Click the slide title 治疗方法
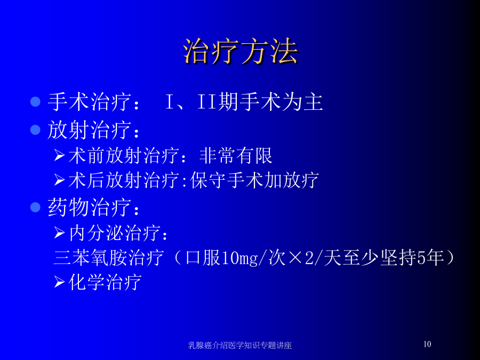[x=241, y=51]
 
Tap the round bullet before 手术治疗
[x=36, y=101]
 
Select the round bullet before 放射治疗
[x=36, y=130]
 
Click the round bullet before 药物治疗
[x=36, y=207]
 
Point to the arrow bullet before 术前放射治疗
[x=59, y=155]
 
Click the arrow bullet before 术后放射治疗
[x=59, y=180]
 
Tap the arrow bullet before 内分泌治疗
[x=59, y=233]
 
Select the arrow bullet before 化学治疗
[x=59, y=282]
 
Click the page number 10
[x=427, y=344]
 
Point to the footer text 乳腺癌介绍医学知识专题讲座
[x=240, y=345]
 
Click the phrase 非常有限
[x=236, y=156]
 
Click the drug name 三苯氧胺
[x=90, y=258]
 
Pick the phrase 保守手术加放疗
[x=254, y=180]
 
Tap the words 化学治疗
[x=105, y=282]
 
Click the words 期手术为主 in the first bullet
[x=270, y=102]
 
